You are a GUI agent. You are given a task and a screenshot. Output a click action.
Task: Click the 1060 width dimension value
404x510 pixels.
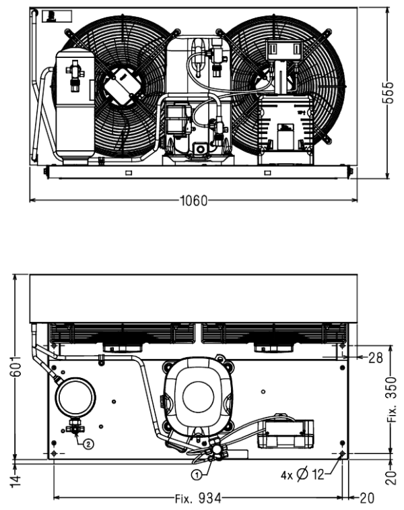click(x=194, y=201)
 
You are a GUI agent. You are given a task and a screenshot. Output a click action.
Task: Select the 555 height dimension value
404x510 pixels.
click(x=387, y=93)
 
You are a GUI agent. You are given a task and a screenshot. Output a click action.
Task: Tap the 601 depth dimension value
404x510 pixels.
click(x=15, y=366)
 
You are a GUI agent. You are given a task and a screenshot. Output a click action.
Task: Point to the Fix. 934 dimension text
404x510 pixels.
click(x=198, y=498)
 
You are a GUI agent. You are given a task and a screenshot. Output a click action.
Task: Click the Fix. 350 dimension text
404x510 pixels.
click(x=392, y=400)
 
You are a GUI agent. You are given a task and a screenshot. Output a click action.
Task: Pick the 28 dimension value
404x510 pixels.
click(x=376, y=358)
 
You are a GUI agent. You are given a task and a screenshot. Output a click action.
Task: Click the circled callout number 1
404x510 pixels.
click(x=197, y=475)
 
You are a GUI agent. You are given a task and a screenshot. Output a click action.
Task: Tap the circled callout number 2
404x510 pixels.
click(x=88, y=444)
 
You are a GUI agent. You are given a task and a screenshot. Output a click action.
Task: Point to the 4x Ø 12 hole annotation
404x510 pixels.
click(x=302, y=475)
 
